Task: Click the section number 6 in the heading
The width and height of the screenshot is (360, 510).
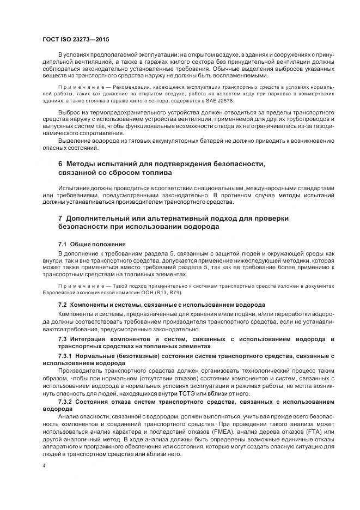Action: pos(60,164)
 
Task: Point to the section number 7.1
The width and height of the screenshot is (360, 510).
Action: pos(63,244)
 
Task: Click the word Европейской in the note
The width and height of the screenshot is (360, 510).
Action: pos(59,293)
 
